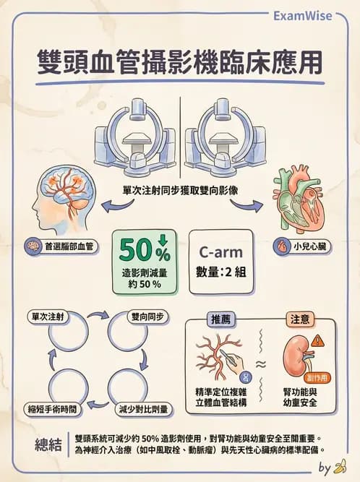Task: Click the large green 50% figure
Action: tap(145, 251)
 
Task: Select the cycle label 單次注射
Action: tap(48, 317)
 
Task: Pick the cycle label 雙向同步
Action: tap(148, 317)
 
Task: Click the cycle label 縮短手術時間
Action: tap(52, 409)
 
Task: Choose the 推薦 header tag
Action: tap(220, 319)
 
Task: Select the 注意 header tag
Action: tap(300, 319)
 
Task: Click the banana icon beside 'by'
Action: tap(340, 466)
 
